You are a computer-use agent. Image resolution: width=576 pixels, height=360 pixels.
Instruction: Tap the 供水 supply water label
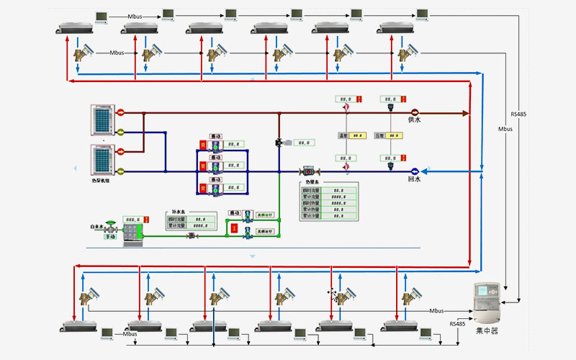click(x=415, y=120)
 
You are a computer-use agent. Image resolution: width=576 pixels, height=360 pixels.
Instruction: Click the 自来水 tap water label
click(x=99, y=227)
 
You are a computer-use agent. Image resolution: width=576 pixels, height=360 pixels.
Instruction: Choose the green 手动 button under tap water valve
click(x=110, y=236)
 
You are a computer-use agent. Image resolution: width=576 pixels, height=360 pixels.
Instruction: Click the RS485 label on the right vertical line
click(x=519, y=114)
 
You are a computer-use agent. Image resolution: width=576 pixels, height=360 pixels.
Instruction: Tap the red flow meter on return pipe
click(x=307, y=171)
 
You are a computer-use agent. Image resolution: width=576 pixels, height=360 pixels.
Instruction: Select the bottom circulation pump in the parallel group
click(x=214, y=188)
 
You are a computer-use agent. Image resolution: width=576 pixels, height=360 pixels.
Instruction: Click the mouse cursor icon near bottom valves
click(x=333, y=292)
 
